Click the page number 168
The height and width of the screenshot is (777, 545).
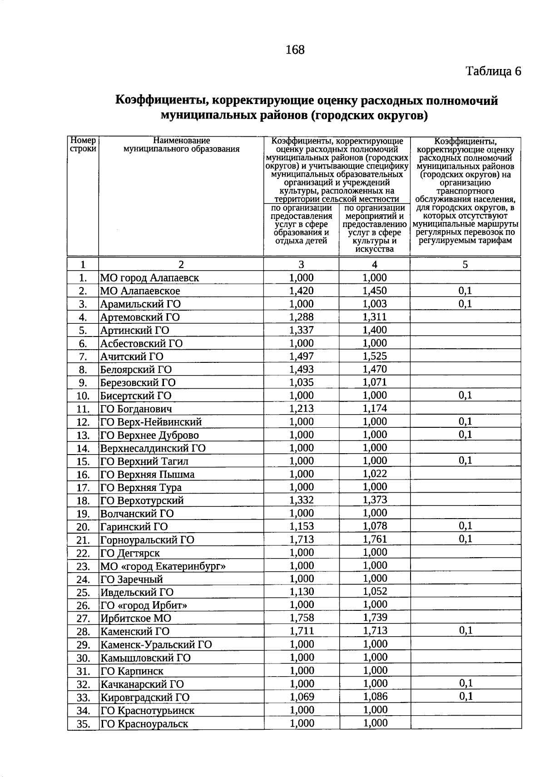(295, 50)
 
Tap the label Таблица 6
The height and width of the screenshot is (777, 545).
(493, 71)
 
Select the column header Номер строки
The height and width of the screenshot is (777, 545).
(83, 145)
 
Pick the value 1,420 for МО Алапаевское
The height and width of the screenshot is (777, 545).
(302, 291)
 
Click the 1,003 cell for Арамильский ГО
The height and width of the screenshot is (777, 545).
(375, 304)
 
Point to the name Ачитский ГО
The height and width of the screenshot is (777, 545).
(132, 356)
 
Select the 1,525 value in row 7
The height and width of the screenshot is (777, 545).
(375, 356)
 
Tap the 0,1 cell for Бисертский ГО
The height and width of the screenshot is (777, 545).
(466, 396)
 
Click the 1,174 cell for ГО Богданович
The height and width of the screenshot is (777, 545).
(375, 408)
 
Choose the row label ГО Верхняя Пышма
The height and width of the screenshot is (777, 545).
(148, 475)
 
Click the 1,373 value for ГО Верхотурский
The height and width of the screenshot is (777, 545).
(375, 500)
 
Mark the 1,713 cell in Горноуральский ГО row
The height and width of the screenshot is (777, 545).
(302, 539)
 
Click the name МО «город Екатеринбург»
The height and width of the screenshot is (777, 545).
(163, 566)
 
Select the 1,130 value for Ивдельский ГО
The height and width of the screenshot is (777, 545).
(302, 592)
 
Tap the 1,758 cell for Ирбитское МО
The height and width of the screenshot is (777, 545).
(302, 618)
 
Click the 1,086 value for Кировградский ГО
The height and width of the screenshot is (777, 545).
(375, 697)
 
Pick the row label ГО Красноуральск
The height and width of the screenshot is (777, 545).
(144, 724)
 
